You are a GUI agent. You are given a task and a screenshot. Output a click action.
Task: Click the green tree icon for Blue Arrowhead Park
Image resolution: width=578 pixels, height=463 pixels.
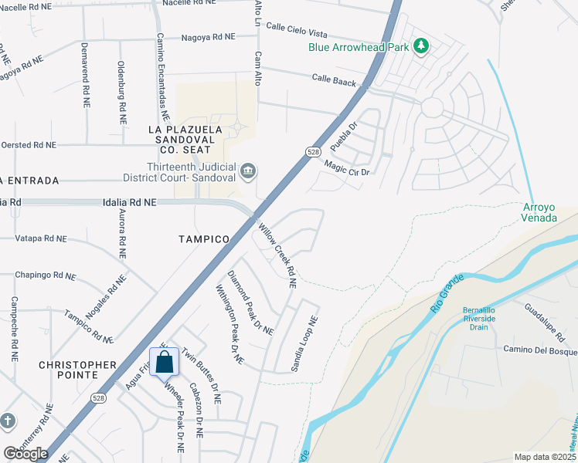tap(421, 47)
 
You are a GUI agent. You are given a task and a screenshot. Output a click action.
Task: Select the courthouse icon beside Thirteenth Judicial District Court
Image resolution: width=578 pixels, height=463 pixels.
tap(247, 171)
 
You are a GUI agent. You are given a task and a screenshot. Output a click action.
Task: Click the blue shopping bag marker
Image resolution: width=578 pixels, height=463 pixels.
tap(165, 362)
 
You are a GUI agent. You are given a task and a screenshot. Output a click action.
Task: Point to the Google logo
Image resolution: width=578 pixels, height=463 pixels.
tap(25, 454)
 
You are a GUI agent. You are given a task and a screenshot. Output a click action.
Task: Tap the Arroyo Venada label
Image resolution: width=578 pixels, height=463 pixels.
tap(539, 212)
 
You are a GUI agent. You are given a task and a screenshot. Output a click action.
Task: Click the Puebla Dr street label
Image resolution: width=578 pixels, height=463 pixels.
tap(344, 136)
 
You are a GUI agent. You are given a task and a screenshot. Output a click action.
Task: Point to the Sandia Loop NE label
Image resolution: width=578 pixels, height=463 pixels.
tap(304, 344)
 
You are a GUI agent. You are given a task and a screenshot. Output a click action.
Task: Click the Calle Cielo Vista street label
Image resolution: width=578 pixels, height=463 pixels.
tap(297, 31)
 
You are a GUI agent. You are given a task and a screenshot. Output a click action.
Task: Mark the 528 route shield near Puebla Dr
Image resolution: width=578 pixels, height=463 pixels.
tap(312, 151)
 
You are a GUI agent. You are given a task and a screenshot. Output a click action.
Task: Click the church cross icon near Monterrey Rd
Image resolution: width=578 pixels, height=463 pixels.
tap(7, 421)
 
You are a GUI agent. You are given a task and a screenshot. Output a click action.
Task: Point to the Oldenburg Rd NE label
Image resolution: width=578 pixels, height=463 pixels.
tap(121, 93)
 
